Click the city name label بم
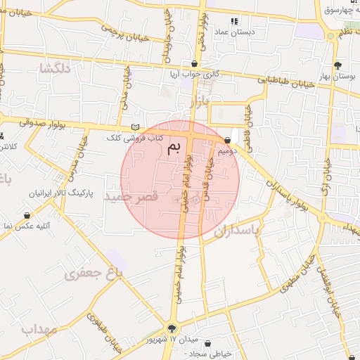[174, 147]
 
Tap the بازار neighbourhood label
[199, 103]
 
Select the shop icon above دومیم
[228, 140]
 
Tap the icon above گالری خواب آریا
[194, 62]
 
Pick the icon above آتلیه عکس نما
[27, 215]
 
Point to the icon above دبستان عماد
[234, 21]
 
